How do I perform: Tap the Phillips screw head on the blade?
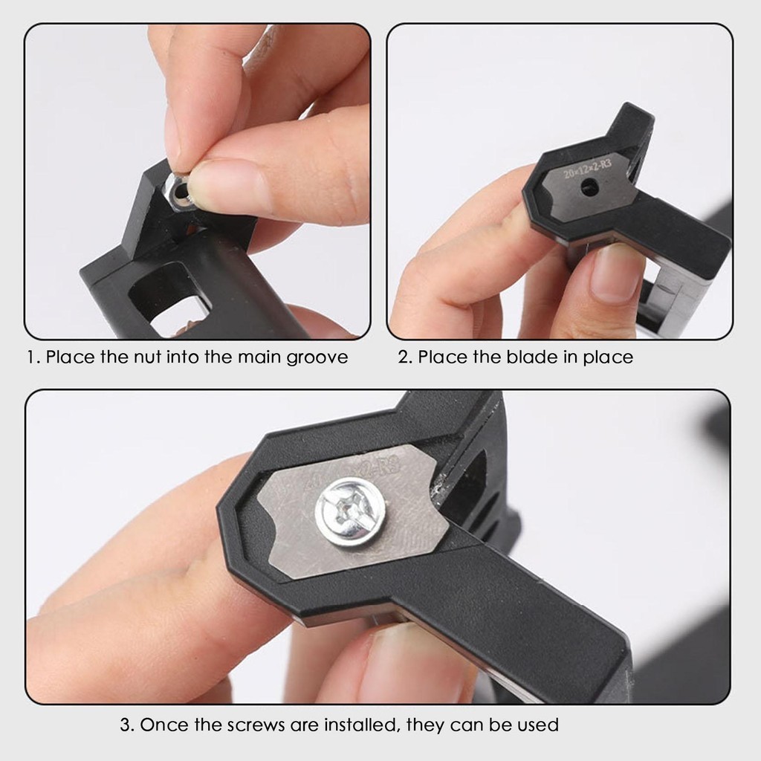coord(351,512)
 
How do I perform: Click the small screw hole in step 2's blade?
coord(589,187)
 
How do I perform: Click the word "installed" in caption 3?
coord(362,725)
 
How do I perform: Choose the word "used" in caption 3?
coord(538,725)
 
